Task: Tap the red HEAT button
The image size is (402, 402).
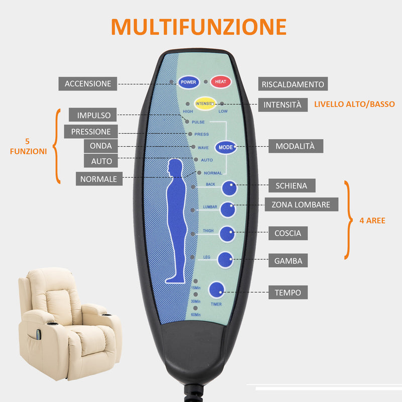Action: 220,82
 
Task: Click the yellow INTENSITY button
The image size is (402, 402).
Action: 205,104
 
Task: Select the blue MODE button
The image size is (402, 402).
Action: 225,147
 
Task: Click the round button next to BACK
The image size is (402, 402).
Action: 230,187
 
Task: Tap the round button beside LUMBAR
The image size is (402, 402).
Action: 228,209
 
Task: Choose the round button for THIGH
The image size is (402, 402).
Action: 227,234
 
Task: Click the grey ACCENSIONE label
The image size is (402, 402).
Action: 88,83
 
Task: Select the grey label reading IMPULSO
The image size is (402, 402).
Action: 93,115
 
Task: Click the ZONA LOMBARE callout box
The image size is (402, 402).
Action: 301,205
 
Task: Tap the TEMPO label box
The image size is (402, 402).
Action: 288,292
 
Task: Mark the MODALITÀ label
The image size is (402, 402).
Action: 295,146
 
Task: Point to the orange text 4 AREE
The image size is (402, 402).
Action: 372,220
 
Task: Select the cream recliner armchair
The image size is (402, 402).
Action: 68,322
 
